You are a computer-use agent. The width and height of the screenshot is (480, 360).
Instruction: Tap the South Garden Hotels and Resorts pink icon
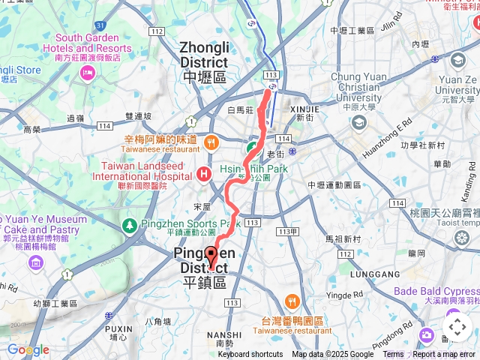click(88, 73)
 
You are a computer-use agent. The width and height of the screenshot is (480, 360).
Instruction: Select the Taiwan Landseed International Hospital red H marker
click(202, 174)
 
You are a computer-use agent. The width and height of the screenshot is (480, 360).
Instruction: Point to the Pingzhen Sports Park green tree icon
click(129, 224)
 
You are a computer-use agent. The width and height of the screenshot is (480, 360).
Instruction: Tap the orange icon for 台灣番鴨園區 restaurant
click(292, 302)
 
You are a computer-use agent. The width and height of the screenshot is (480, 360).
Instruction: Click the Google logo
click(28, 350)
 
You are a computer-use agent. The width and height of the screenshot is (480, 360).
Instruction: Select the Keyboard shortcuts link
click(250, 355)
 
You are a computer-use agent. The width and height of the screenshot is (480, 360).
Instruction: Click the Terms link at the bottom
click(393, 355)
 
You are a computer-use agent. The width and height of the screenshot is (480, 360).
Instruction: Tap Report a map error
click(445, 355)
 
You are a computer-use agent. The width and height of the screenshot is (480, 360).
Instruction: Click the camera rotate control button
click(457, 327)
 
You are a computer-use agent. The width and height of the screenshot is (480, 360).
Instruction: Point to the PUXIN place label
click(118, 328)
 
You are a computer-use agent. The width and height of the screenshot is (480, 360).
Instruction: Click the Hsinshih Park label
click(254, 170)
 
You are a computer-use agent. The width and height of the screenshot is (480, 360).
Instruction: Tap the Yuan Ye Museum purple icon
click(35, 262)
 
